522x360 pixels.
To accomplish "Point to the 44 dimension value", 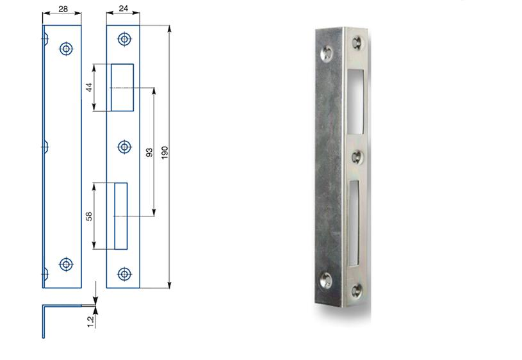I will [x=90, y=87].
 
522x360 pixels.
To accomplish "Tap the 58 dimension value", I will [x=90, y=217].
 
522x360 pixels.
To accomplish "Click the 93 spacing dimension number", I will [x=149, y=152].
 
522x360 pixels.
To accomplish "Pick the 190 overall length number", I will [x=165, y=152].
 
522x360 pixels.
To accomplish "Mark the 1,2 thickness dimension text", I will [x=90, y=319].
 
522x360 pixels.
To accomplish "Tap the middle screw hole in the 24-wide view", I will [x=125, y=147].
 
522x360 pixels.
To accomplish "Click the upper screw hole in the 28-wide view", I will [x=65, y=49].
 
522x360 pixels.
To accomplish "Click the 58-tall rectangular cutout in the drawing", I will [x=120, y=217].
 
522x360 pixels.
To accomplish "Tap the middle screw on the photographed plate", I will [x=357, y=156].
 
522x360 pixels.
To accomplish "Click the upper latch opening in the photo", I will [x=357, y=97].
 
